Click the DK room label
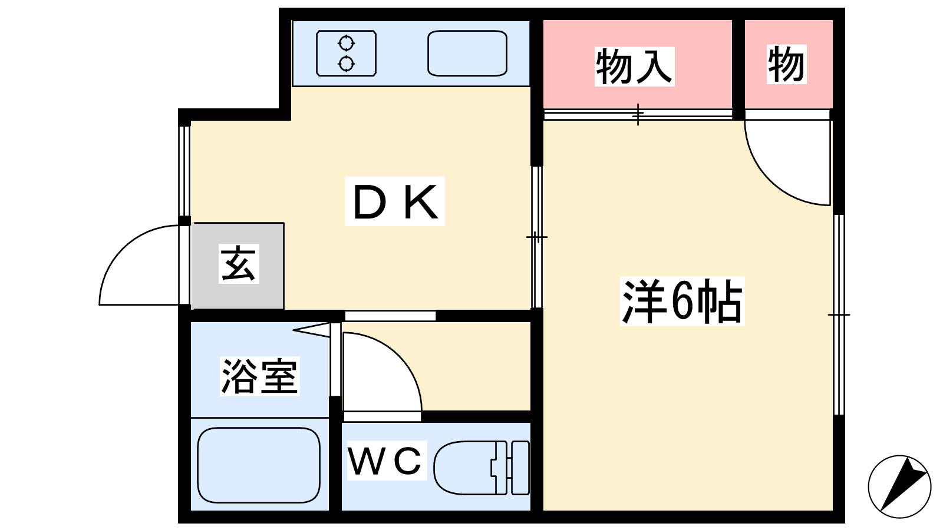[395, 201]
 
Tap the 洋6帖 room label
[682, 302]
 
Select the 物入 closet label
[634, 67]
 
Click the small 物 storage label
[786, 64]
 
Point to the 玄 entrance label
[239, 264]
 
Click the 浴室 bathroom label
[259, 376]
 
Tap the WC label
[386, 461]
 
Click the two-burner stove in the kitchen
[346, 54]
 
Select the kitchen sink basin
[467, 54]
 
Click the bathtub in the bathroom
[258, 465]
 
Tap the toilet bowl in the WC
[463, 468]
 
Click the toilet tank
[519, 468]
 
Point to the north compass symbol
[899, 486]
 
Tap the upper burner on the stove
[346, 44]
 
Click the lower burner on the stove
[346, 63]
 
